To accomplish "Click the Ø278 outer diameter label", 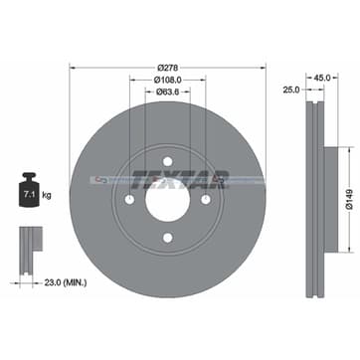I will tap(168, 67).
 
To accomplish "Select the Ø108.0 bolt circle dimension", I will tap(168, 81).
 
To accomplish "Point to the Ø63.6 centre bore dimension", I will tap(168, 92).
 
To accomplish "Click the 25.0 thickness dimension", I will tap(290, 90).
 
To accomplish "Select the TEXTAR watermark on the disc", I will tap(180, 180).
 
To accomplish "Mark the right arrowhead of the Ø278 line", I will tap(265, 68).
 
